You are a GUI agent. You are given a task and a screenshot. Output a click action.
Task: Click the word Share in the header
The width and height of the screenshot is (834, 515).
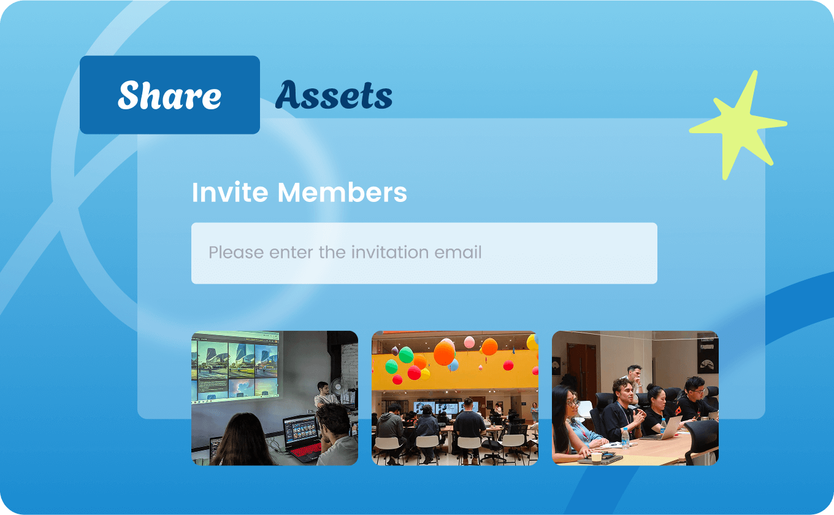click(170, 95)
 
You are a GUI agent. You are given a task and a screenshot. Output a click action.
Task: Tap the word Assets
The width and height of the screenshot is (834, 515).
click(334, 95)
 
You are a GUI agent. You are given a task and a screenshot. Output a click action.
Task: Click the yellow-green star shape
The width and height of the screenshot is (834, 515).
click(739, 125)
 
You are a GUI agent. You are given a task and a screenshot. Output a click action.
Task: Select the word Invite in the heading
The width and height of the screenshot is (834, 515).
click(230, 192)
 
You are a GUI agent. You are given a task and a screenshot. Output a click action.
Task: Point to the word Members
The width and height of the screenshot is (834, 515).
click(342, 192)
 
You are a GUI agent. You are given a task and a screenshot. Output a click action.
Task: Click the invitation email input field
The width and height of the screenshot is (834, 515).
click(424, 253)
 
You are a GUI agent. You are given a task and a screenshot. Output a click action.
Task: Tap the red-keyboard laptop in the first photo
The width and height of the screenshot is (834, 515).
click(302, 438)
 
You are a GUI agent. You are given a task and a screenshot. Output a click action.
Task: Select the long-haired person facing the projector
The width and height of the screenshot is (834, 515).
click(244, 439)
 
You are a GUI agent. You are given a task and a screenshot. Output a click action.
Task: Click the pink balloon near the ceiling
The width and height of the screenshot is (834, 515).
click(469, 342)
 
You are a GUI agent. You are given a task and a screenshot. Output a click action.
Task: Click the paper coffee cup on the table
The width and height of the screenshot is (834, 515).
click(597, 458)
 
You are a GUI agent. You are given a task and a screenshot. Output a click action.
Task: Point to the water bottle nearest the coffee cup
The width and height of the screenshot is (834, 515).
click(625, 438)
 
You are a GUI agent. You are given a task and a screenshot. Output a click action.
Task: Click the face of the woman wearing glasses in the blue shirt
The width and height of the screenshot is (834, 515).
click(573, 403)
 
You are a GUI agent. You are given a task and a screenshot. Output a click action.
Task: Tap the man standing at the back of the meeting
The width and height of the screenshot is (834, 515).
click(634, 378)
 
